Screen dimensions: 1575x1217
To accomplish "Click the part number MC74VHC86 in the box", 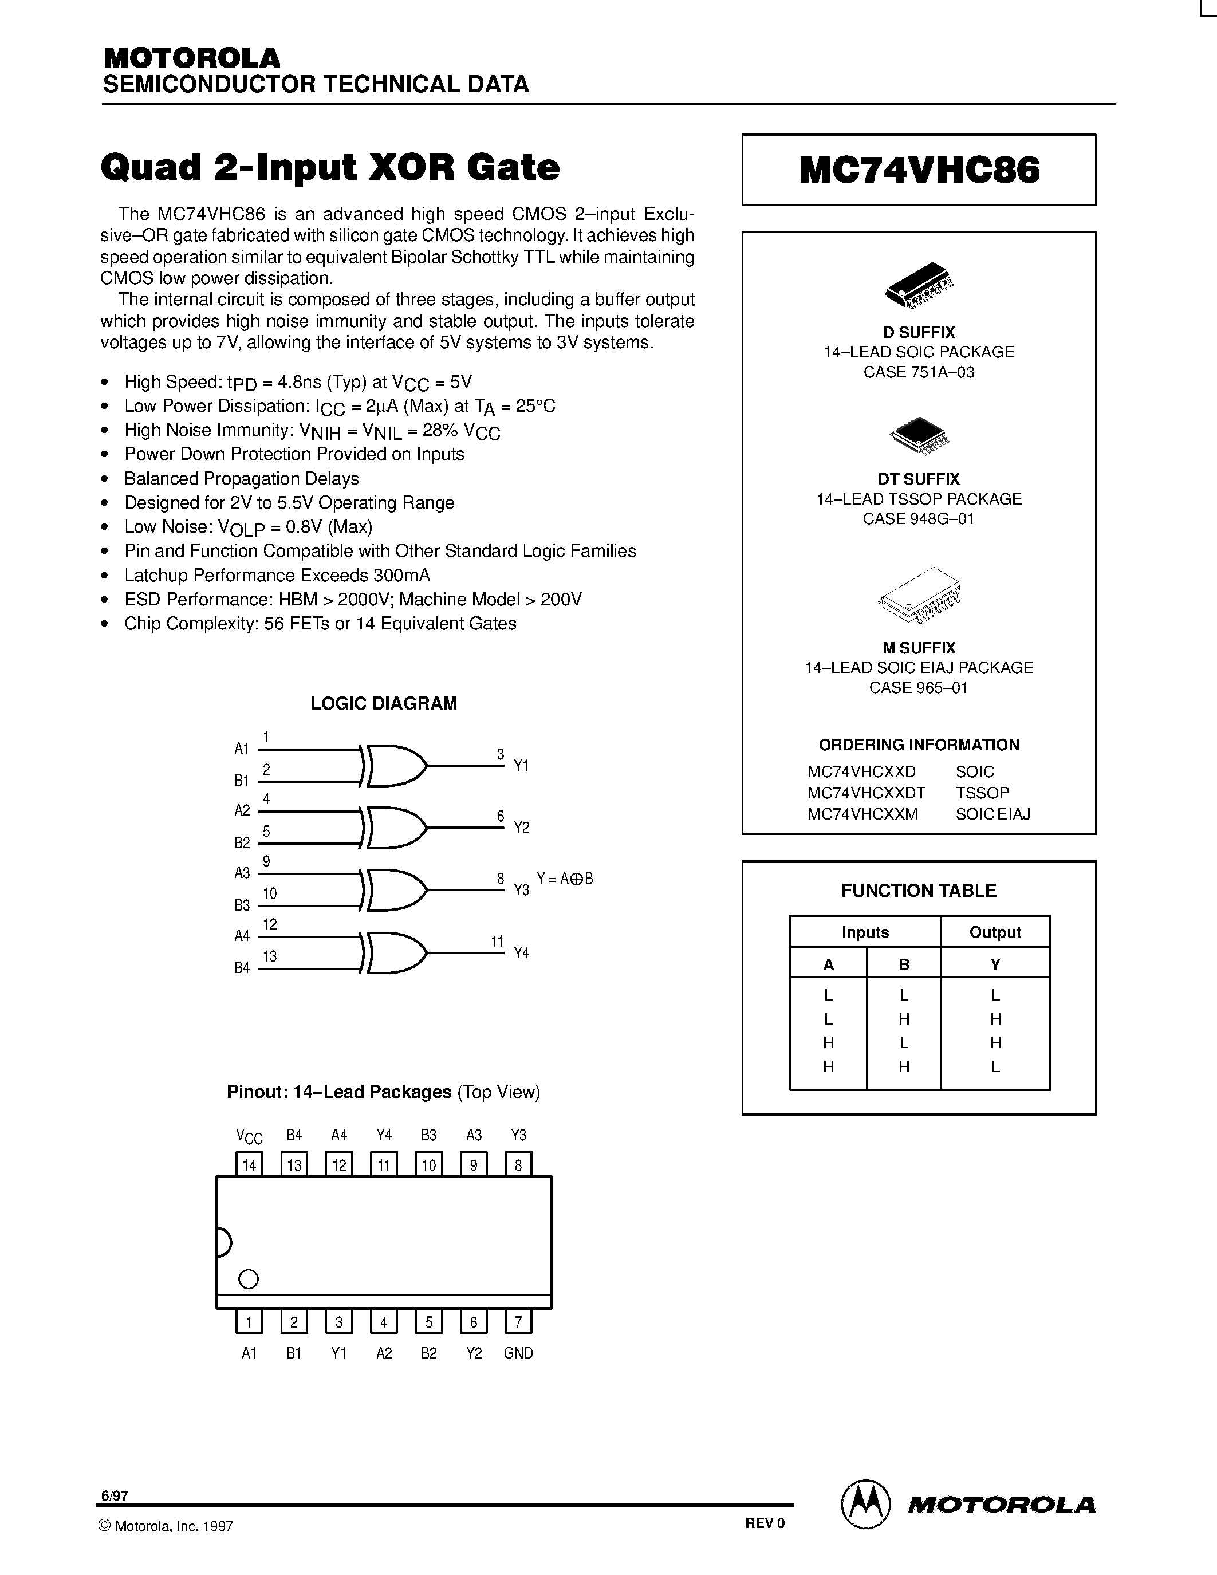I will (919, 171).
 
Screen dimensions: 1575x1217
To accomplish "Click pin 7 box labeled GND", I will (518, 1322).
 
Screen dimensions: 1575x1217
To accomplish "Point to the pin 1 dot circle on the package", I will (248, 1279).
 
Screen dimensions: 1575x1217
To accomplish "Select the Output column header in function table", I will (995, 932).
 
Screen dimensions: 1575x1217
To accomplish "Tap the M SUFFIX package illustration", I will (920, 595).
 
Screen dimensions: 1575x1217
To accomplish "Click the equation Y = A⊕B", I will (565, 879).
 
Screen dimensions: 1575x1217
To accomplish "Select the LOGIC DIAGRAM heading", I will (384, 703).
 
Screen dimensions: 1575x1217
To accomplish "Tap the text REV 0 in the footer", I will (764, 1523).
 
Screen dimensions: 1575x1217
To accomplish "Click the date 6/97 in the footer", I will (115, 1495).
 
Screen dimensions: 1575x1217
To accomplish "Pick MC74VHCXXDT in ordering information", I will (866, 793).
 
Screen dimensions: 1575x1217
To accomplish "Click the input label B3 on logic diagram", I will (242, 905).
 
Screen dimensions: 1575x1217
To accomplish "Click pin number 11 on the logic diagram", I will (497, 941).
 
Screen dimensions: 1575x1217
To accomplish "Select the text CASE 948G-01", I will (919, 518).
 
